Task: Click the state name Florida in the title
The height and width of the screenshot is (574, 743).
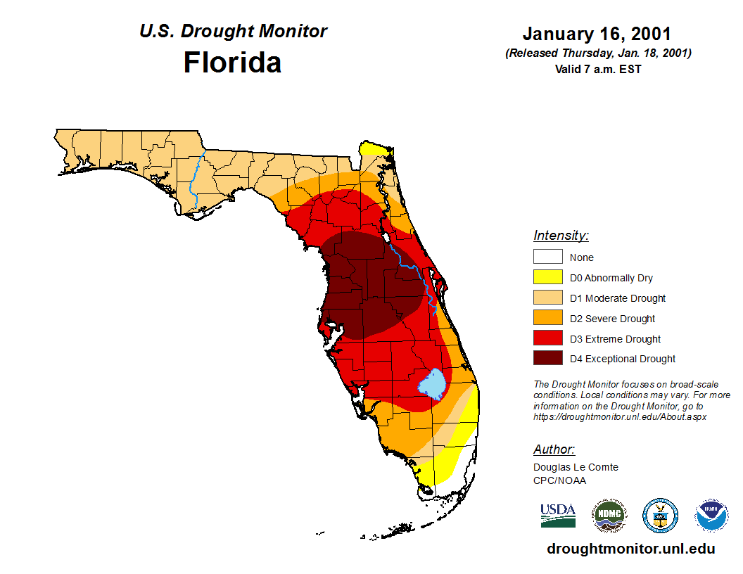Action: pyautogui.click(x=232, y=63)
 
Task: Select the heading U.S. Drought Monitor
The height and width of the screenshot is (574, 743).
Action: pyautogui.click(x=233, y=32)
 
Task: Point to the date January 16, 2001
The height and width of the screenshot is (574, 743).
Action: pyautogui.click(x=597, y=34)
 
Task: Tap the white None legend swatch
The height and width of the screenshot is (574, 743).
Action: pyautogui.click(x=548, y=257)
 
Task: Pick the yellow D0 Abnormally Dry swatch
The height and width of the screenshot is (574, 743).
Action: pyautogui.click(x=548, y=278)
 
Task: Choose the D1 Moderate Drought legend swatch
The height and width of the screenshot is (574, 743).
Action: pyautogui.click(x=548, y=298)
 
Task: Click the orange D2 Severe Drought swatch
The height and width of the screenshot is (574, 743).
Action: pyautogui.click(x=548, y=319)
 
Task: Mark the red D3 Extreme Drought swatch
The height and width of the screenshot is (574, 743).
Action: pyautogui.click(x=548, y=339)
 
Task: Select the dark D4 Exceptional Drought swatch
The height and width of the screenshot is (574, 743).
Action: pyautogui.click(x=548, y=359)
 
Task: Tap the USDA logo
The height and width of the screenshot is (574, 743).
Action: pyautogui.click(x=558, y=515)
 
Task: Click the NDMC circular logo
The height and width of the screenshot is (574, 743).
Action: pyautogui.click(x=609, y=516)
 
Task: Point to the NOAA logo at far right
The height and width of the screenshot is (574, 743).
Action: pyautogui.click(x=712, y=516)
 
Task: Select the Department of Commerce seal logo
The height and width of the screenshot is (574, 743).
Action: pyautogui.click(x=661, y=516)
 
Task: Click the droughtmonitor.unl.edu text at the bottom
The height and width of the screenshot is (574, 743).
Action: pyautogui.click(x=630, y=549)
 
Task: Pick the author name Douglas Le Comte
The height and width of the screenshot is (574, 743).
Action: pyautogui.click(x=576, y=467)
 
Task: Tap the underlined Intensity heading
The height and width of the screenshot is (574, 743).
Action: pyautogui.click(x=561, y=236)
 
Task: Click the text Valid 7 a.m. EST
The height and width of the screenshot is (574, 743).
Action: pyautogui.click(x=598, y=69)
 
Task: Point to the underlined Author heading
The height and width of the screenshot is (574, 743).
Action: pyautogui.click(x=554, y=449)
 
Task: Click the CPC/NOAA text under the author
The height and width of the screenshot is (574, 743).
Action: pyautogui.click(x=559, y=480)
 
